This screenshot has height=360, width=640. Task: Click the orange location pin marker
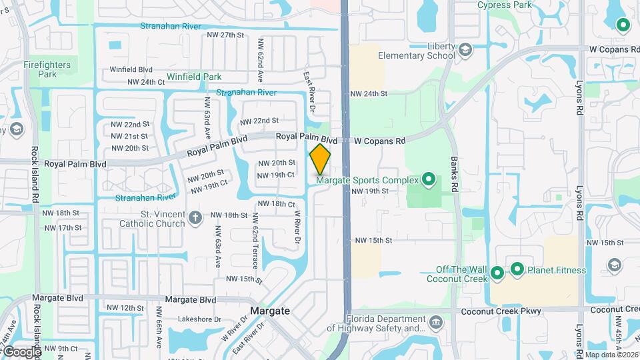(320, 158)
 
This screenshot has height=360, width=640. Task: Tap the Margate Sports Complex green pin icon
(429, 179)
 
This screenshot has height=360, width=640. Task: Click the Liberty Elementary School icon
(465, 48)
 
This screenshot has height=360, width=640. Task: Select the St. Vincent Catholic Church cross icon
(195, 217)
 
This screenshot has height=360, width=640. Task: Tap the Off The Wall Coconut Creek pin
(497, 273)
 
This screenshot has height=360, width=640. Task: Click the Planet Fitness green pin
(517, 269)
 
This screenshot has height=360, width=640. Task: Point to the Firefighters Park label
(47, 69)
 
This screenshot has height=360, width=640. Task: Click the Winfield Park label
(193, 77)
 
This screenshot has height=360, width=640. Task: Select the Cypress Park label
(504, 5)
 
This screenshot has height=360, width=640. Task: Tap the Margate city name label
(270, 311)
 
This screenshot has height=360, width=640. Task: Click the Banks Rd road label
(456, 175)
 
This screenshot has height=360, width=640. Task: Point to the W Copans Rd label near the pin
(379, 141)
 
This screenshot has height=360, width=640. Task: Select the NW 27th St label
(221, 35)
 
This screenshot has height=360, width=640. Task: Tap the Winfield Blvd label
(131, 69)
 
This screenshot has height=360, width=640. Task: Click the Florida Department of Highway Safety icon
(436, 323)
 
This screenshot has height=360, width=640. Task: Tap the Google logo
(22, 351)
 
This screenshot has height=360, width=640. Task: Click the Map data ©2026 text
(611, 355)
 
